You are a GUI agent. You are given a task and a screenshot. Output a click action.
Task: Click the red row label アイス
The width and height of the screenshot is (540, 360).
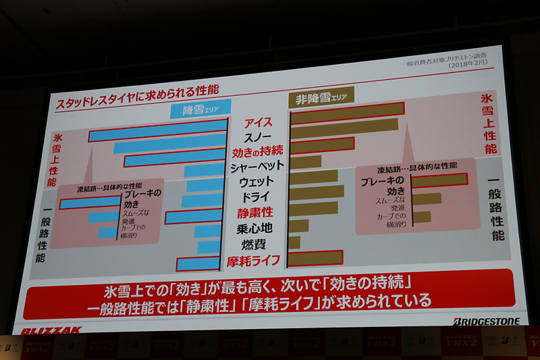tap(259, 122)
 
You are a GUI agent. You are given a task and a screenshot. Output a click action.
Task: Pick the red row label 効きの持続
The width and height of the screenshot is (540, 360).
tap(257, 151)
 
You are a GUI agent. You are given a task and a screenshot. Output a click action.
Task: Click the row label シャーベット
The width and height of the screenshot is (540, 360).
tap(257, 166)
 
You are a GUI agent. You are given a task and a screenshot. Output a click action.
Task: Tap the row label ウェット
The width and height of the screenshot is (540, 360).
tap(257, 182)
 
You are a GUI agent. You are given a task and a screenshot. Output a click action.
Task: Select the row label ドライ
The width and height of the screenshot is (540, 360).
tap(257, 197)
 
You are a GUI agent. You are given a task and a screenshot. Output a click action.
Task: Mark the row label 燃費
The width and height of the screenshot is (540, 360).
tap(257, 245)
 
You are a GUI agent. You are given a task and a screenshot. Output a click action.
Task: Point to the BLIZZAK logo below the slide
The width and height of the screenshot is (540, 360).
tap(51, 331)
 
